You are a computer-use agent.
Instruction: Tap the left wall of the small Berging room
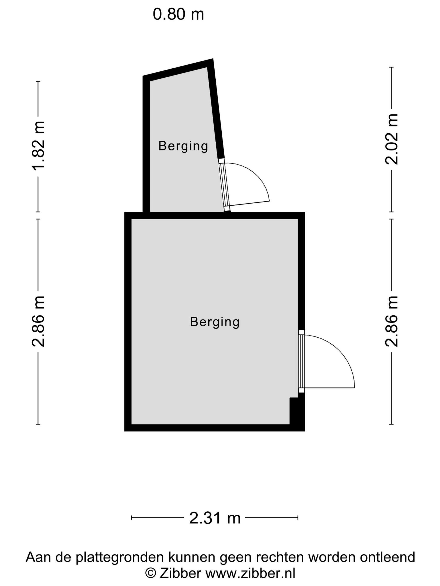(146, 144)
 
